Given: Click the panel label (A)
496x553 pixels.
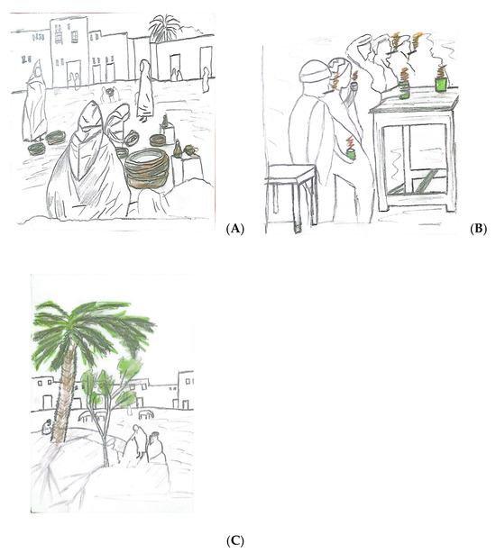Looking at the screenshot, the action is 234,230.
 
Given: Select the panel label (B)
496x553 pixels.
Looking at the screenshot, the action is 478,230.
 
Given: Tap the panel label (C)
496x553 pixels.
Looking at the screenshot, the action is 234,540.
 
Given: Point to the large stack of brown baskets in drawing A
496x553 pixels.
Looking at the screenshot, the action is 147,168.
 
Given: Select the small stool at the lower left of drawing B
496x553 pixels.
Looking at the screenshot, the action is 291,194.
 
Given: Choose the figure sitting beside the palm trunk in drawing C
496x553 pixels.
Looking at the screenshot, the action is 47,427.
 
